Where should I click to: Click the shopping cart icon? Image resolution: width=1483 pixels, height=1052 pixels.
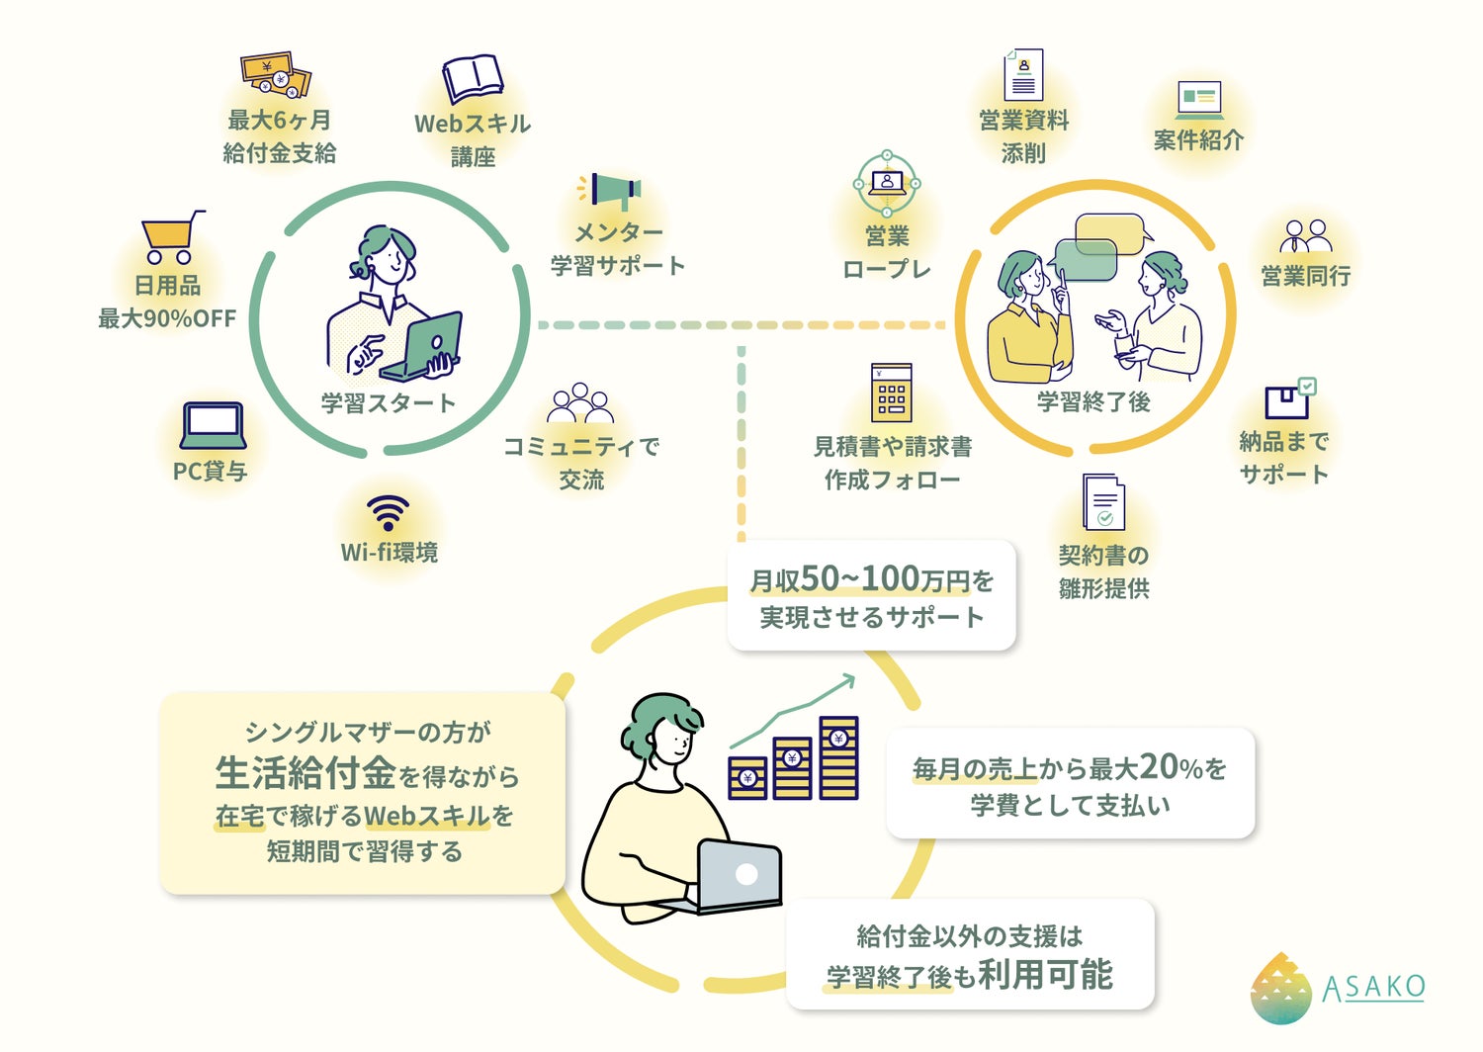click(171, 237)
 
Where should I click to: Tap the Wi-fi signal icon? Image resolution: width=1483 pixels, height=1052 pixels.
click(388, 513)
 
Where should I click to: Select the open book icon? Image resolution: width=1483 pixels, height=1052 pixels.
click(472, 79)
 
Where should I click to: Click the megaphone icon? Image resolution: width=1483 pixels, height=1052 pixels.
click(612, 190)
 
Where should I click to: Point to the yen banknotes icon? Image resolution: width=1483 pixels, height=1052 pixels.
click(276, 76)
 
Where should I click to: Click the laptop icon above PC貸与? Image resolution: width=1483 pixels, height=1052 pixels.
click(212, 426)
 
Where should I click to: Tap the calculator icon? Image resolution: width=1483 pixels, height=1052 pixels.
click(891, 393)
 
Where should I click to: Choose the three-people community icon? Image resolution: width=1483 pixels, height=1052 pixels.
click(580, 404)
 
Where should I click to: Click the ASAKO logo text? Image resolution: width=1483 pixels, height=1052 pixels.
click(1373, 987)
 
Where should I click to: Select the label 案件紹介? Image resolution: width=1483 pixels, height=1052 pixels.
click(1198, 140)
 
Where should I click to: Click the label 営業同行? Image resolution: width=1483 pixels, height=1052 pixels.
click(1305, 276)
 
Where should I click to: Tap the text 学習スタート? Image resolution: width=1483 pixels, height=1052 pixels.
click(389, 403)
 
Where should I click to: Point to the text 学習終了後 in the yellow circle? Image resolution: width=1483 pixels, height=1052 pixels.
click(1093, 401)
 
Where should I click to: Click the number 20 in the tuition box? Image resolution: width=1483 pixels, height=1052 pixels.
click(1158, 766)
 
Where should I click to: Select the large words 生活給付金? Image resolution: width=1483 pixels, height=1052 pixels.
click(305, 773)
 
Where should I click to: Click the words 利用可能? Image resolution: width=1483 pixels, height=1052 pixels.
click(1045, 975)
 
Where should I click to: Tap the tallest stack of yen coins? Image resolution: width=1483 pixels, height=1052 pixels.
click(838, 757)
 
